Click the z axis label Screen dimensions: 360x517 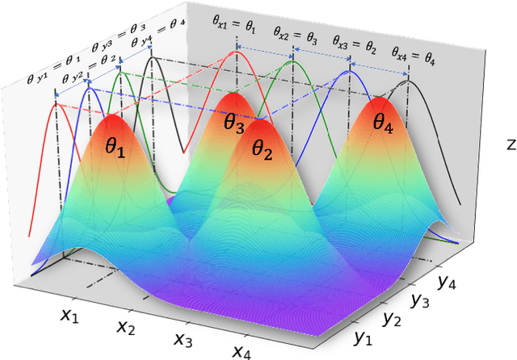[510, 145]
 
